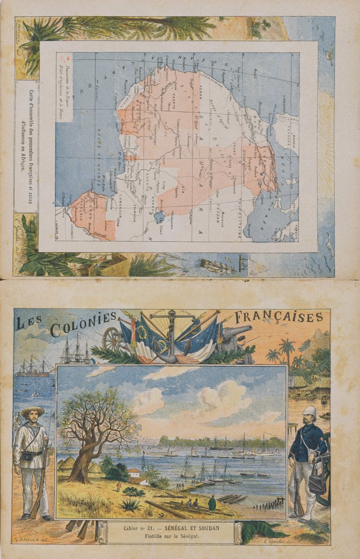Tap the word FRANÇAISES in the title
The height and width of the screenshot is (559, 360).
click(x=278, y=317)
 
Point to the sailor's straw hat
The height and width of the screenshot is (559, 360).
click(x=32, y=411)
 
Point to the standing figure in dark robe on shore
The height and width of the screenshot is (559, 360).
click(x=212, y=504)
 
